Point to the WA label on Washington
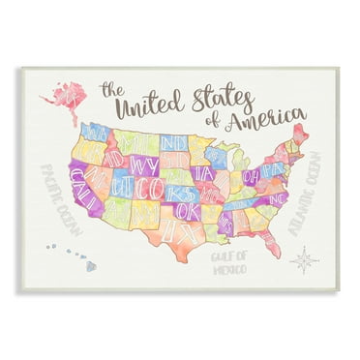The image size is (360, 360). click(95, 131)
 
